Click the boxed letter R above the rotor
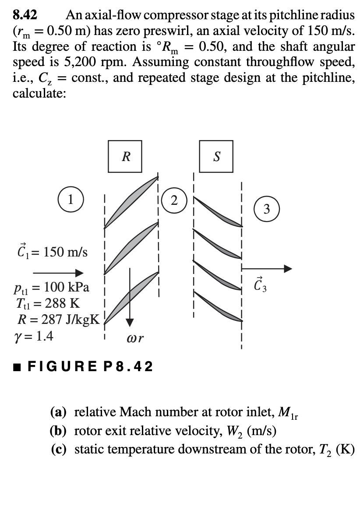coord(125,156)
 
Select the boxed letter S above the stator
coord(216,156)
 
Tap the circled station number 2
coord(174,201)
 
